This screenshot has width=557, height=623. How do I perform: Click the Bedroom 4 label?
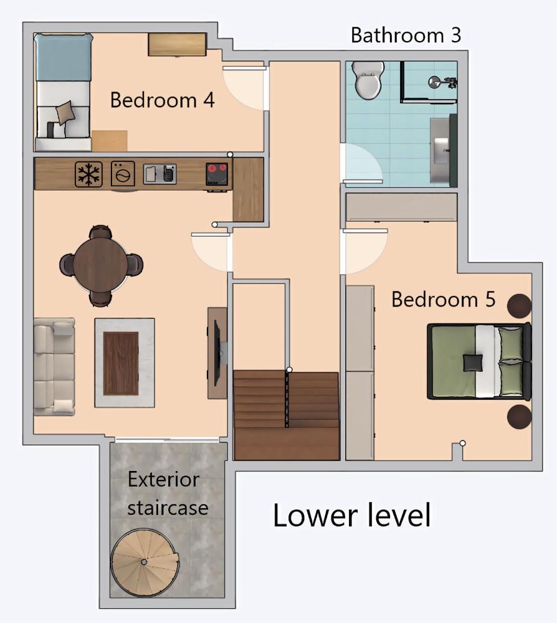click(x=162, y=100)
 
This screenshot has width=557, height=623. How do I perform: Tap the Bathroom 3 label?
click(x=406, y=35)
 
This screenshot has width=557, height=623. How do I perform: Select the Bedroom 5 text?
click(x=443, y=299)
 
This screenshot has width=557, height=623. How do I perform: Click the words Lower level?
click(x=352, y=516)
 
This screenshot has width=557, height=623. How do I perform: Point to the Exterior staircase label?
click(x=168, y=493)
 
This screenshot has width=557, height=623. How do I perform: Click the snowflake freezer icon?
click(x=88, y=174)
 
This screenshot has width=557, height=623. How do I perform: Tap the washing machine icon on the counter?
click(x=123, y=174)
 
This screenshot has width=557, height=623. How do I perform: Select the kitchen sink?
click(x=159, y=174)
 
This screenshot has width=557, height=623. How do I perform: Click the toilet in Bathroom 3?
click(x=366, y=82)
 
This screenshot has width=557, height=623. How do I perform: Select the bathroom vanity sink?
click(x=442, y=150)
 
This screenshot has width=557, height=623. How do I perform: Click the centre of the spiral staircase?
click(x=144, y=562)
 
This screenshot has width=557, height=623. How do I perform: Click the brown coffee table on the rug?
click(x=121, y=363)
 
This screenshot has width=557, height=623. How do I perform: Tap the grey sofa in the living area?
click(x=54, y=367)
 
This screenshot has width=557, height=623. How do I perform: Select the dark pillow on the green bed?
click(x=473, y=362)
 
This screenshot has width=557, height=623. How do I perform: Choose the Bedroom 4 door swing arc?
click(x=243, y=87)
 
